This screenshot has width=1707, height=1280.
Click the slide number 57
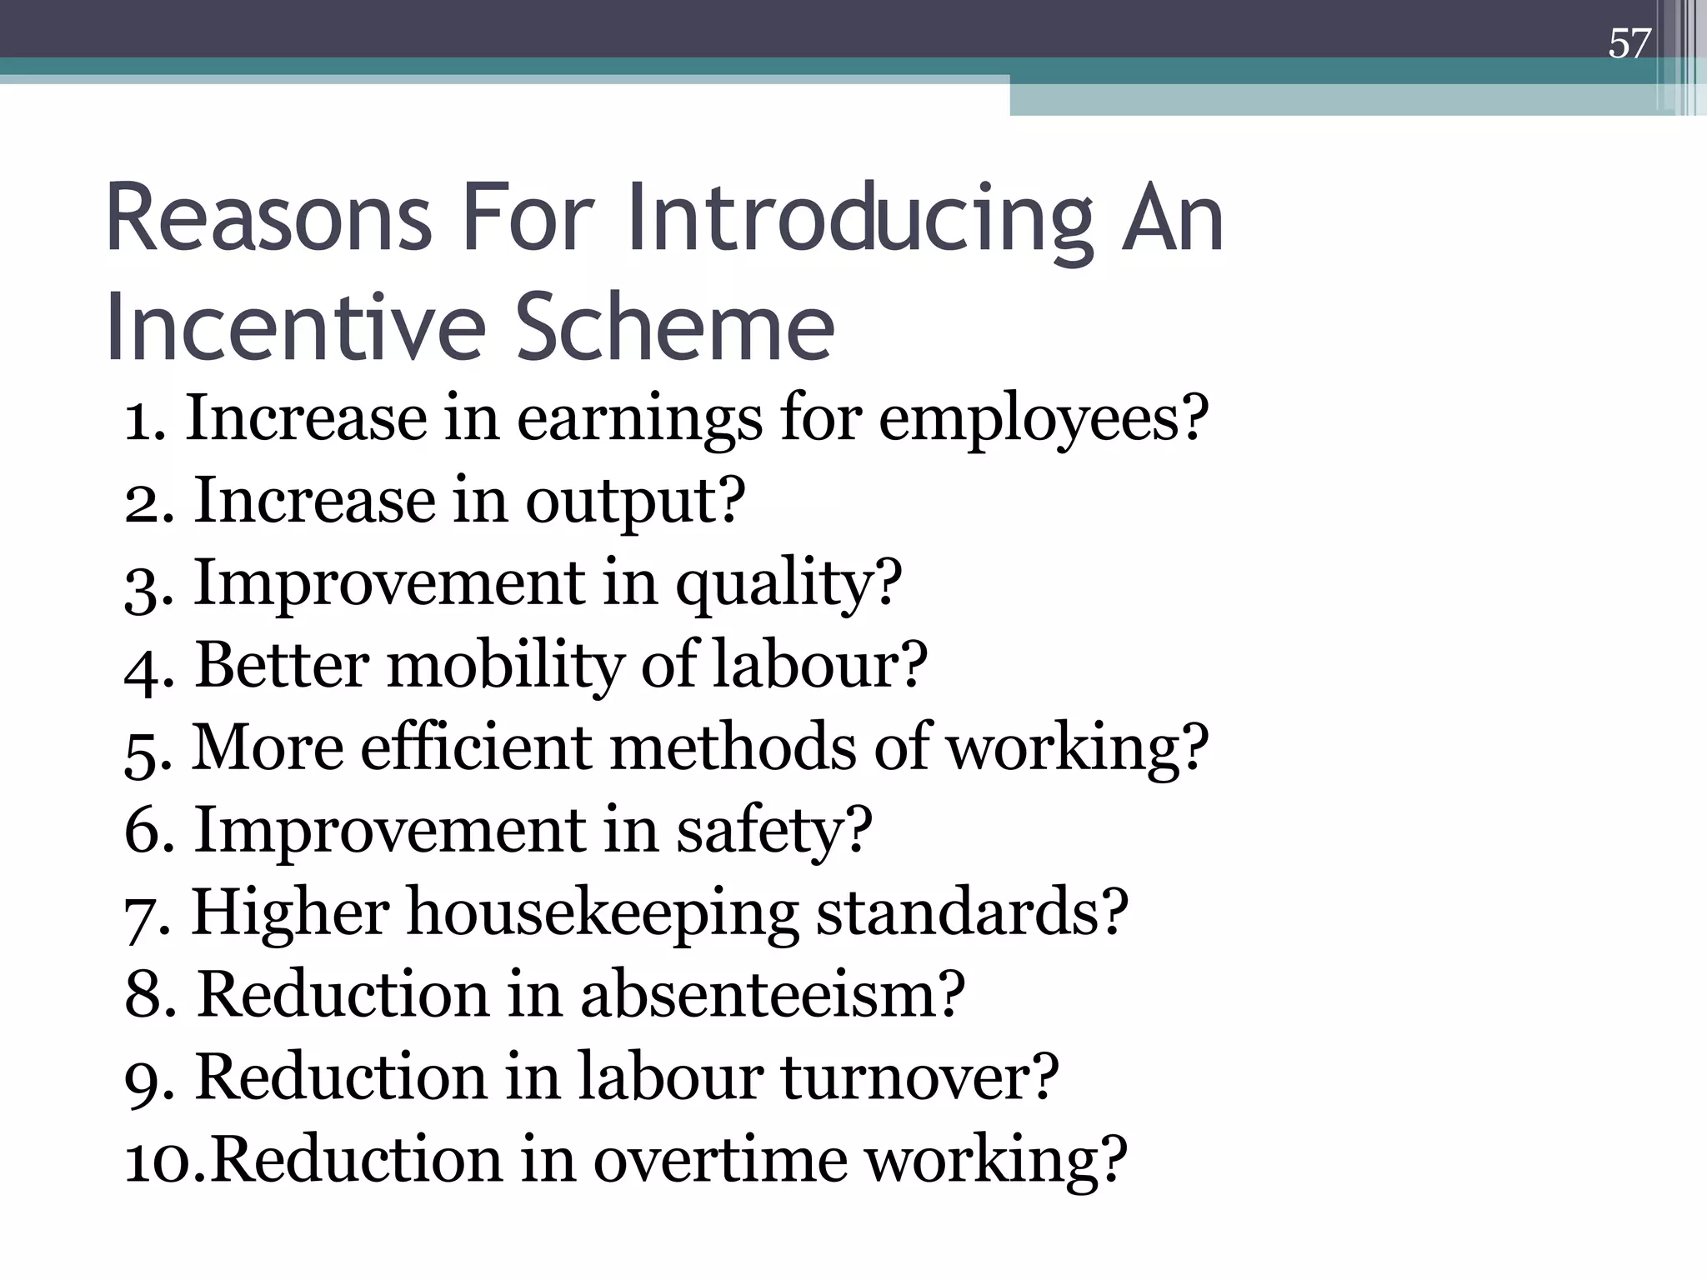1629,43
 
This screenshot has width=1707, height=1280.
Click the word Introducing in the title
859,219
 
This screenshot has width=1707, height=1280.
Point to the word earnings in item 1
639,419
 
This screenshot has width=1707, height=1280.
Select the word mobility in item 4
504,666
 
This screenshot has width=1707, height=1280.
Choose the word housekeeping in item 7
602,913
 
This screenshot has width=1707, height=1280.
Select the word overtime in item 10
720,1159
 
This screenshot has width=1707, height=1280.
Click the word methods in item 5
733,747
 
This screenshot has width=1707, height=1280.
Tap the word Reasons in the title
268,219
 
